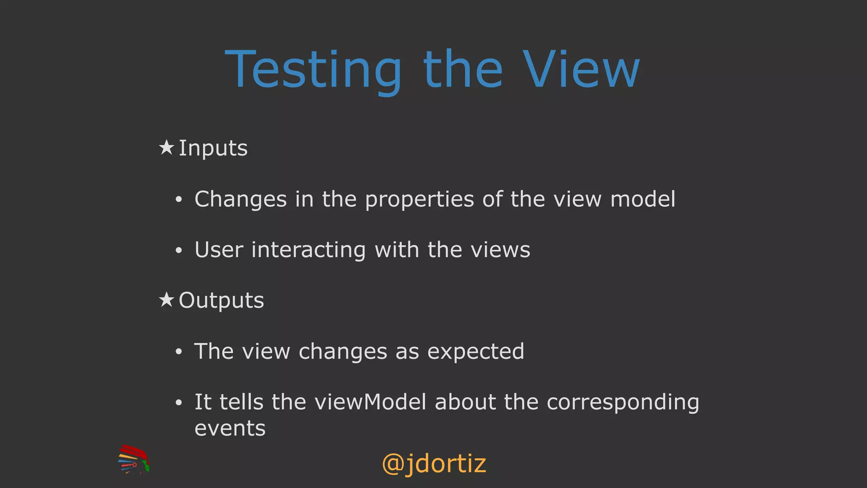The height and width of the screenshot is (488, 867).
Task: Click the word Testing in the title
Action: [x=313, y=70]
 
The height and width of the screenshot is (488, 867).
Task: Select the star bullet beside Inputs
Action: [x=166, y=147]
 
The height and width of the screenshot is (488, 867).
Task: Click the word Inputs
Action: [x=213, y=149]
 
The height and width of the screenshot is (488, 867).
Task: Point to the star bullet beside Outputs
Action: [x=166, y=300]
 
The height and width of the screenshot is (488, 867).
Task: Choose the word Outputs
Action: [x=221, y=301]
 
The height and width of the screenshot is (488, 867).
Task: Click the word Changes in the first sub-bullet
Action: [x=240, y=199]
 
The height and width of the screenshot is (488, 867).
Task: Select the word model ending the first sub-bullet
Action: [x=643, y=199]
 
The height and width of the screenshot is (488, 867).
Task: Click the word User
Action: [x=219, y=250]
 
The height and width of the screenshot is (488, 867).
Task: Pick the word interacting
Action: [x=308, y=250]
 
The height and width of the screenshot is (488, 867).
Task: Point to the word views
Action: [x=500, y=250]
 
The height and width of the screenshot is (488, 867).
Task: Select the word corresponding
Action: [x=623, y=403]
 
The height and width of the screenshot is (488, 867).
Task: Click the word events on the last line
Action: [x=230, y=428]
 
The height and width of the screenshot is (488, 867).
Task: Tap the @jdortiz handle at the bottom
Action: [x=434, y=464]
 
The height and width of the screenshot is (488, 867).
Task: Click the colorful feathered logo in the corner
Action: [x=134, y=459]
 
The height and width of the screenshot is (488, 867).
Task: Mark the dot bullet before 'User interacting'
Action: [x=179, y=250]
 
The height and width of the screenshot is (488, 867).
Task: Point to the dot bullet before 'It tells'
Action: [x=179, y=403]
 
